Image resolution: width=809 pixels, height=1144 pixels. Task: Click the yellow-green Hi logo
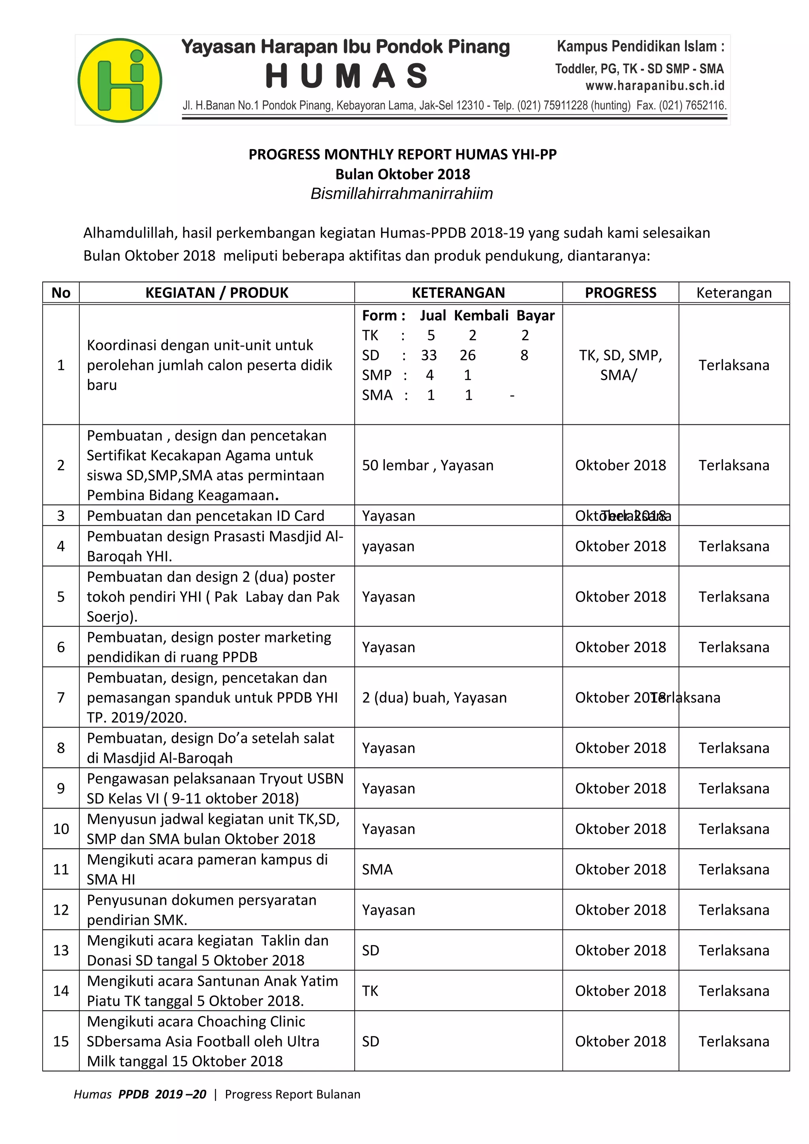pos(120,80)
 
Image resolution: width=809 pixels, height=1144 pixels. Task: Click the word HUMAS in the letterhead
pos(347,76)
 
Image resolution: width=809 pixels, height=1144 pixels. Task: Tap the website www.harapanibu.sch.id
pos(655,86)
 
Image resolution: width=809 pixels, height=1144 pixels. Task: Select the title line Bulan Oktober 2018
pos(402,174)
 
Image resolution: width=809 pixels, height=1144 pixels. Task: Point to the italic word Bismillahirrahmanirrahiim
pos(401,193)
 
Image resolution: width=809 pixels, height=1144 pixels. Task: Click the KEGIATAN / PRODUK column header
pos(216,293)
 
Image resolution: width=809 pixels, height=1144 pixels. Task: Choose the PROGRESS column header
pos(620,293)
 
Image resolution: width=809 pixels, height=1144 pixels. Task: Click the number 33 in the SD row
pos(429,355)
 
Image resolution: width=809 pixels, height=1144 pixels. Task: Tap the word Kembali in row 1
pos(481,315)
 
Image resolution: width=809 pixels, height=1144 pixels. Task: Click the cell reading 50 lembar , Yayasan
pos(428,465)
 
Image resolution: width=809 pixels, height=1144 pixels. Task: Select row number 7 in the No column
pos(61,697)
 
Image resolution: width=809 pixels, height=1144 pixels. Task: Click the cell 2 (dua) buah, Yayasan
pos(434,697)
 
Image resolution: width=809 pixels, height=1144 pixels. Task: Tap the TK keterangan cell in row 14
pos(371,990)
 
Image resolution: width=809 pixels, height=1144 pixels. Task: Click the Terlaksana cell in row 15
pos(733,1041)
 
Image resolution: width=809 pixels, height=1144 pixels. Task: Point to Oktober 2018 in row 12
pos(620,910)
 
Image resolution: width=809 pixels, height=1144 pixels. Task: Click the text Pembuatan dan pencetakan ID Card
pos(205,515)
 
